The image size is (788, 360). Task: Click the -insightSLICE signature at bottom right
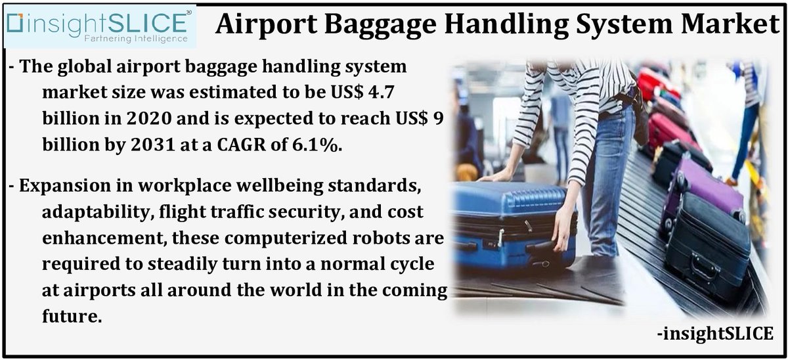pyautogui.click(x=714, y=333)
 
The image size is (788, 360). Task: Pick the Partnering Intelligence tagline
pyautogui.click(x=135, y=39)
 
